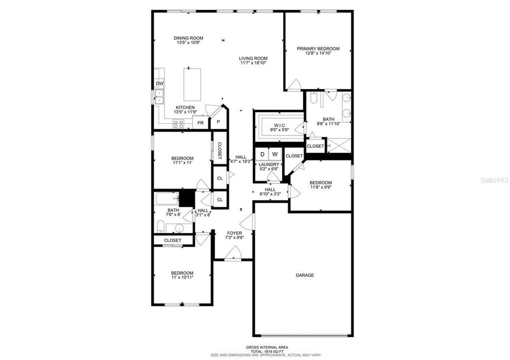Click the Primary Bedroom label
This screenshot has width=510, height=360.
click(318, 48)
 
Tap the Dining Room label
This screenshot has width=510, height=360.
click(188, 38)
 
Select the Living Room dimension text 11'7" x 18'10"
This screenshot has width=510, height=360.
click(253, 63)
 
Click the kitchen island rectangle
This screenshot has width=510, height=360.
click(192, 84)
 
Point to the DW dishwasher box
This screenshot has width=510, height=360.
click(159, 83)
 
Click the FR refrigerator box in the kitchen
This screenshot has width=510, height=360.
click(200, 122)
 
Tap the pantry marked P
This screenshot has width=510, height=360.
click(218, 121)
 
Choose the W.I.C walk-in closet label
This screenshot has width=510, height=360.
click(279, 125)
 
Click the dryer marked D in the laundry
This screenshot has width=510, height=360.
click(262, 154)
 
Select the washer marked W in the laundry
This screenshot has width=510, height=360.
click(275, 154)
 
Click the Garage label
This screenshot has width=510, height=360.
click(304, 275)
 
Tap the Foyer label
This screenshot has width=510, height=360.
click(234, 233)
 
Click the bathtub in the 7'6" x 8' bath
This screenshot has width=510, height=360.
click(167, 199)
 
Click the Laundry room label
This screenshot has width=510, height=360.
click(269, 164)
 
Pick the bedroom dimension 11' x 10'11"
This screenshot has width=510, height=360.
click(182, 277)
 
